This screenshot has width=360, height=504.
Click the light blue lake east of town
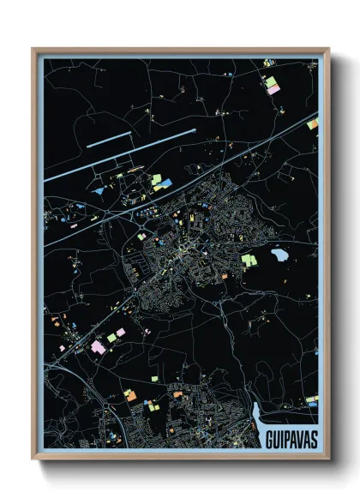[x=279, y=255]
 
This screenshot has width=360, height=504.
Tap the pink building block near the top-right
[x=273, y=89]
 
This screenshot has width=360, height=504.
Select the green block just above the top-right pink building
[x=269, y=81]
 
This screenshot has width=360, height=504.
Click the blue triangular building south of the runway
[x=101, y=190]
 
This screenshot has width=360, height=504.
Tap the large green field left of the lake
[x=248, y=259]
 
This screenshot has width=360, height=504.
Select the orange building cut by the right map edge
[x=312, y=125]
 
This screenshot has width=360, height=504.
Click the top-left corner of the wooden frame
[x=33, y=50]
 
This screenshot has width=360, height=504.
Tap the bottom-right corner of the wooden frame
[x=328, y=458]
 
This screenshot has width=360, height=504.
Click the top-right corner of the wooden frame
[x=328, y=50]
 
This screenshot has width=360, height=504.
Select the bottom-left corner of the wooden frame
[x=33, y=458]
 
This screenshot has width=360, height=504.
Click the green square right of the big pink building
[x=111, y=338]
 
